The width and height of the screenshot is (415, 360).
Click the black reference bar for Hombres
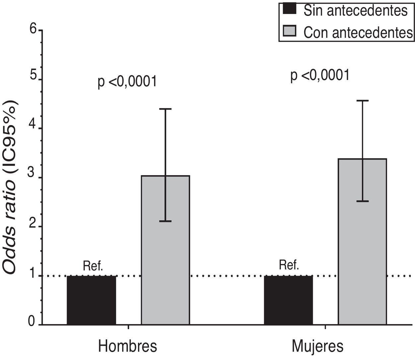point(92,300)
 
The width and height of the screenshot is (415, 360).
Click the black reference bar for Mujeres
point(288,300)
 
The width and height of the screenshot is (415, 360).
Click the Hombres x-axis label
point(127,346)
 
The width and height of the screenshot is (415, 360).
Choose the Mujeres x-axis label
point(317,346)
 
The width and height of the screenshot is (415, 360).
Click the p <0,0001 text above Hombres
point(127,82)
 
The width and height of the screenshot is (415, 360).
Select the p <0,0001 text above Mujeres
point(320,75)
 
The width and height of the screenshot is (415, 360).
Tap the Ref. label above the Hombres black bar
point(93,266)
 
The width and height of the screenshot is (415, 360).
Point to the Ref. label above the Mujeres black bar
point(289,265)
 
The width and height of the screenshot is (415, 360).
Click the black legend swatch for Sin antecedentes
point(289,10)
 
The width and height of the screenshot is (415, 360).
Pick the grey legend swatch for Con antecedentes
point(289,32)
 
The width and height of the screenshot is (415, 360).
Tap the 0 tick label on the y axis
point(32,322)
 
